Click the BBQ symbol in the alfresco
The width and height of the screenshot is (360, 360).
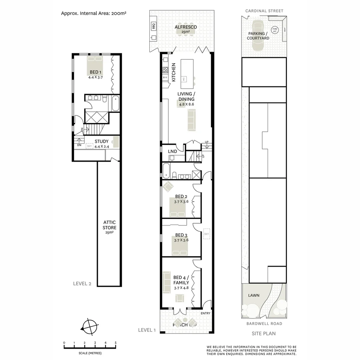[154, 26]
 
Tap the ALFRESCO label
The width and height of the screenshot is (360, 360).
[186, 27]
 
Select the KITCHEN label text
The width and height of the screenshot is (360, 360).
[173, 72]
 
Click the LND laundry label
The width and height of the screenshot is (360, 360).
[172, 151]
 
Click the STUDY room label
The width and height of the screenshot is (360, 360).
[101, 141]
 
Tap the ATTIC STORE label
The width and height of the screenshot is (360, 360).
[109, 225]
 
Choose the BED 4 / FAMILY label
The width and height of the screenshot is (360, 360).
[181, 280]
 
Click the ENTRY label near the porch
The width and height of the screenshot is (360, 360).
[206, 313]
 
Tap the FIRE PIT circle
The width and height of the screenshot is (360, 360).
[275, 30]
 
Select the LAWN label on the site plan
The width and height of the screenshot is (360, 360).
[254, 295]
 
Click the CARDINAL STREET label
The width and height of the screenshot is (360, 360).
[264, 11]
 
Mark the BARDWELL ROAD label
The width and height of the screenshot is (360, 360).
[264, 324]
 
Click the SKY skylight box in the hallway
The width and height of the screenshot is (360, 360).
[206, 234]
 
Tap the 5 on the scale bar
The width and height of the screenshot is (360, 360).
[116, 343]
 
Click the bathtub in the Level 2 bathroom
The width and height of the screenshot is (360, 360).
[115, 103]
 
